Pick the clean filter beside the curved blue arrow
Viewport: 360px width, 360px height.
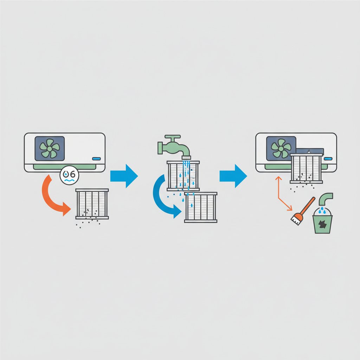tap(201, 207)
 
